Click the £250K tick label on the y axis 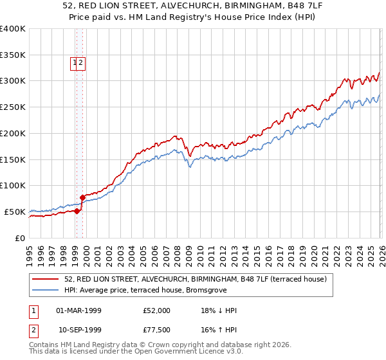pyautogui.click(x=13, y=107)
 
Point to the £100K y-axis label pyautogui.click(x=13, y=186)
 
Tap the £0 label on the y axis pyautogui.click(x=19, y=238)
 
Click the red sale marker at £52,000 pyautogui.click(x=77, y=210)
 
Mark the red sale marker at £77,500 pyautogui.click(x=82, y=197)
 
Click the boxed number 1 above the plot pyautogui.click(x=75, y=63)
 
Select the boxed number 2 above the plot pyautogui.click(x=82, y=63)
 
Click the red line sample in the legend pyautogui.click(x=46, y=279)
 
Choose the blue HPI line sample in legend pyautogui.click(x=46, y=290)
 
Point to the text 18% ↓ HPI pyautogui.click(x=219, y=310)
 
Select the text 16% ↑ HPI pyautogui.click(x=219, y=329)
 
